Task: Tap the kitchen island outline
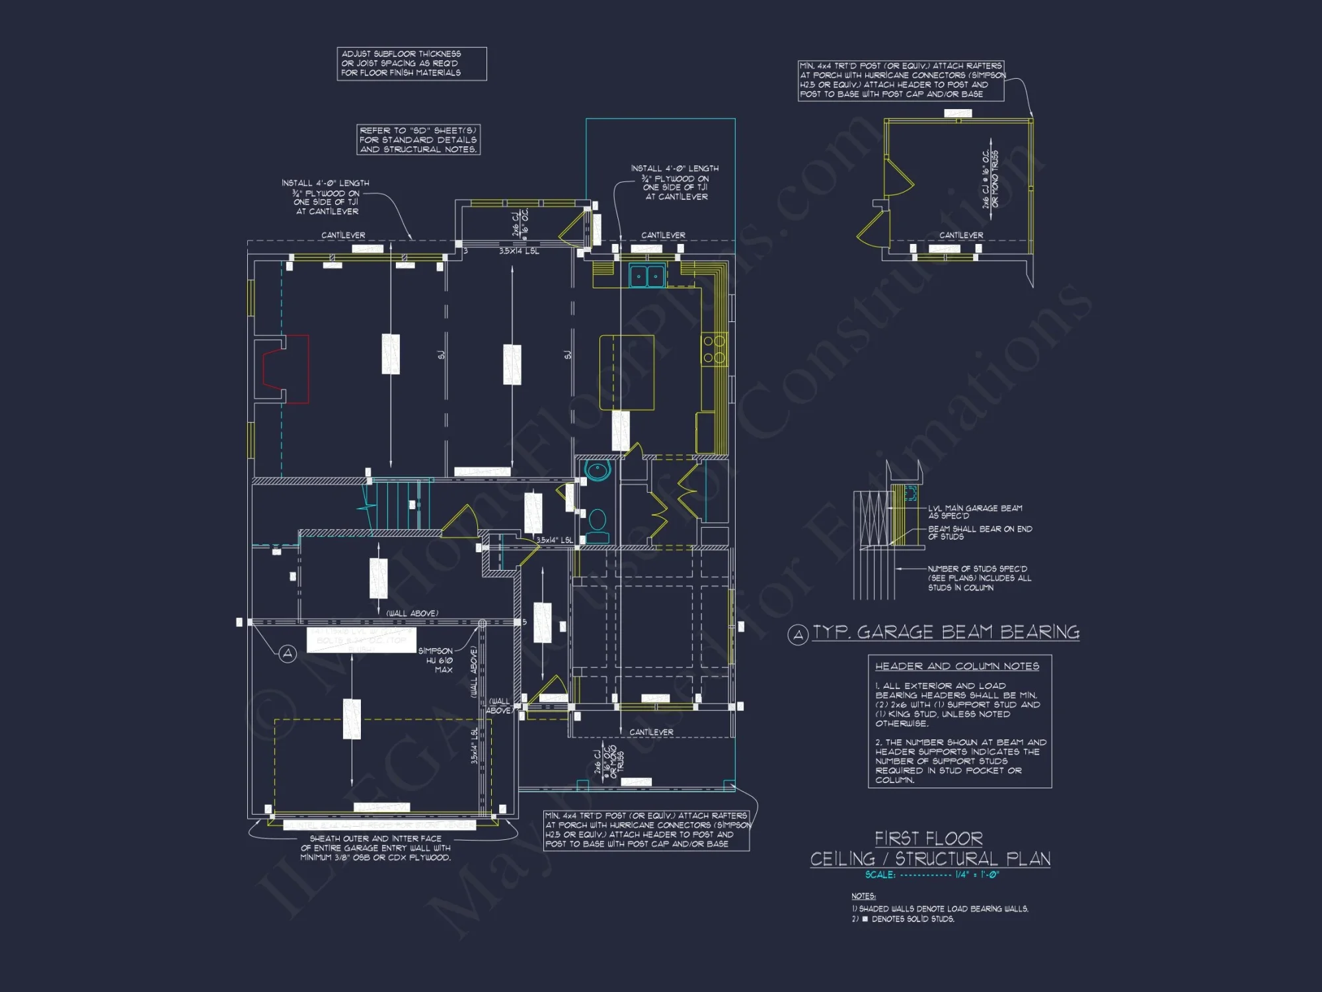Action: pyautogui.click(x=627, y=372)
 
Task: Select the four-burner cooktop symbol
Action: pyautogui.click(x=714, y=350)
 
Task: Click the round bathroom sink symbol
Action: pyautogui.click(x=598, y=471)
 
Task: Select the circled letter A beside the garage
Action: pyautogui.click(x=288, y=653)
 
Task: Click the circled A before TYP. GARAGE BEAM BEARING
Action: pyautogui.click(x=798, y=636)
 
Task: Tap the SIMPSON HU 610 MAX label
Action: pyautogui.click(x=436, y=660)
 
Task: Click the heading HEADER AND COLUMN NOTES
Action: pyautogui.click(x=956, y=666)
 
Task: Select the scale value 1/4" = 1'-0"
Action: pyautogui.click(x=977, y=874)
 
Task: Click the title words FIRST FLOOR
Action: pyautogui.click(x=928, y=839)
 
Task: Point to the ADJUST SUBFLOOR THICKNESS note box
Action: pyautogui.click(x=411, y=63)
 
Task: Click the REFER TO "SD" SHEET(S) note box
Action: pyautogui.click(x=418, y=140)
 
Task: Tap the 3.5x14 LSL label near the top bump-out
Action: pyautogui.click(x=519, y=251)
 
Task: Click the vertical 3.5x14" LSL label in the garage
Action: pyautogui.click(x=474, y=745)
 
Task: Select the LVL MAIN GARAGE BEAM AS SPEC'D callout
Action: pyautogui.click(x=974, y=511)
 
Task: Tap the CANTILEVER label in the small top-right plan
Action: pyautogui.click(x=960, y=235)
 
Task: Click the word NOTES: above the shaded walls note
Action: pyautogui.click(x=863, y=896)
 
